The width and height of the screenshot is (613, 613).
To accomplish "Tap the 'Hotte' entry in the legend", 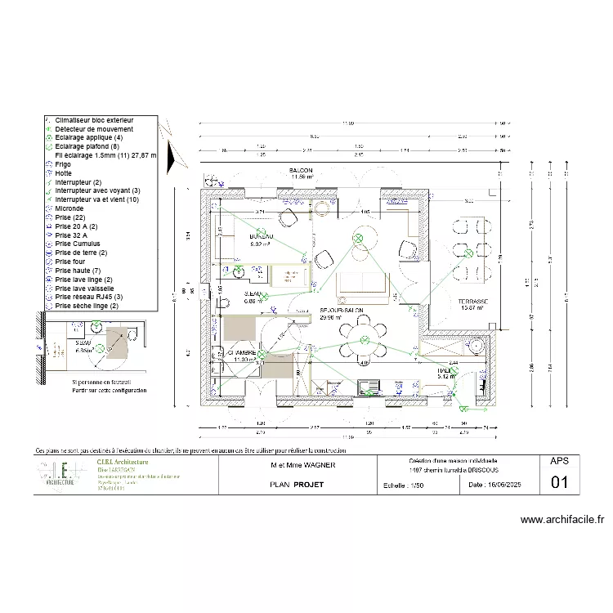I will (63, 172).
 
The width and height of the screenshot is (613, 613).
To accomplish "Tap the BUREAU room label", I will (261, 239).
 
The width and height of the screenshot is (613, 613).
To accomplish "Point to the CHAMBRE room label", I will (244, 354).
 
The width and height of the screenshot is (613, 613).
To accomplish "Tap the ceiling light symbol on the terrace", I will (476, 346).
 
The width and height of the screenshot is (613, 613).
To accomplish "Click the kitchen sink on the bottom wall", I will (373, 384).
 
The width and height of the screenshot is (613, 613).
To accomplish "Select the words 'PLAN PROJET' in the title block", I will (297, 485).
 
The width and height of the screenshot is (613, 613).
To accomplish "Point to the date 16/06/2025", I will (500, 485).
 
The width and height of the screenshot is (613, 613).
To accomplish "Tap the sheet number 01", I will (560, 482).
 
